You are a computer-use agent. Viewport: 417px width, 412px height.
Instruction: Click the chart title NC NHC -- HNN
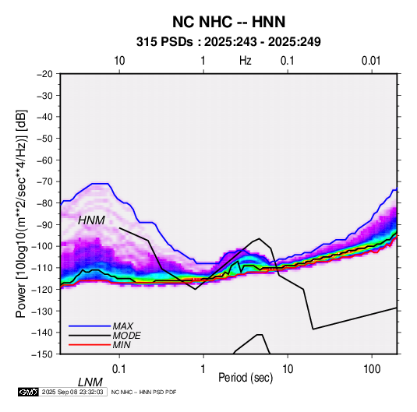pyautogui.click(x=228, y=22)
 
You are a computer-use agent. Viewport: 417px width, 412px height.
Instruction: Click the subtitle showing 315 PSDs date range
pyautogui.click(x=228, y=42)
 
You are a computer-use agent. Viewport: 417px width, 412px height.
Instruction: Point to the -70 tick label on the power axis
pyautogui.click(x=44, y=181)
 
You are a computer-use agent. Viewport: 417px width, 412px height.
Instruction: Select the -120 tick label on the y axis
pyautogui.click(x=42, y=289)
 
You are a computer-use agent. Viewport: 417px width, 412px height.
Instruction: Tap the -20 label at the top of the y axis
pyautogui.click(x=44, y=74)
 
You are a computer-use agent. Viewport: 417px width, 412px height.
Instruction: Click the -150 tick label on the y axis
pyautogui.click(x=42, y=354)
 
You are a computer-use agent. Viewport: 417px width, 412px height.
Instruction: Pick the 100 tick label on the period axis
pyautogui.click(x=372, y=369)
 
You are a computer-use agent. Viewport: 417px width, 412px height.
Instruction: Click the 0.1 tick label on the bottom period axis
pyautogui.click(x=119, y=369)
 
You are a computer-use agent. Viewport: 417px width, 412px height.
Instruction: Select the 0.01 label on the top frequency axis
pyautogui.click(x=371, y=61)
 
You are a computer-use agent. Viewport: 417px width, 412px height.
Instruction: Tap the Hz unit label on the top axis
pyautogui.click(x=246, y=61)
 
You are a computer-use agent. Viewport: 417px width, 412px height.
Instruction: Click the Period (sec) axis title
pyautogui.click(x=246, y=378)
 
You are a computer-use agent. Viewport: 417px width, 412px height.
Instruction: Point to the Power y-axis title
pyautogui.click(x=21, y=213)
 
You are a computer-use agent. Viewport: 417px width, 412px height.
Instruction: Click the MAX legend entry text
pyautogui.click(x=123, y=326)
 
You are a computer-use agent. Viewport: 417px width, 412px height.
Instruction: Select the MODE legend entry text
pyautogui.click(x=126, y=336)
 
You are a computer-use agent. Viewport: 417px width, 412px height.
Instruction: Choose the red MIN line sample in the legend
pyautogui.click(x=90, y=345)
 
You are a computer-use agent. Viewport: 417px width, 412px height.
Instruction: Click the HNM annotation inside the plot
pyautogui.click(x=91, y=220)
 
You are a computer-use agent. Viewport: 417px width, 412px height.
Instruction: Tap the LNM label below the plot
pyautogui.click(x=90, y=382)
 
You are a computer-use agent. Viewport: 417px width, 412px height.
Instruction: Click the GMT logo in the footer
pyautogui.click(x=28, y=392)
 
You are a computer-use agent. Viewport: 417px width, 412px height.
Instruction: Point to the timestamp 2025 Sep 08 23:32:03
pyautogui.click(x=72, y=392)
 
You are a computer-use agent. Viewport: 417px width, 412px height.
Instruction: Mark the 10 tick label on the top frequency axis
pyautogui.click(x=119, y=61)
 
